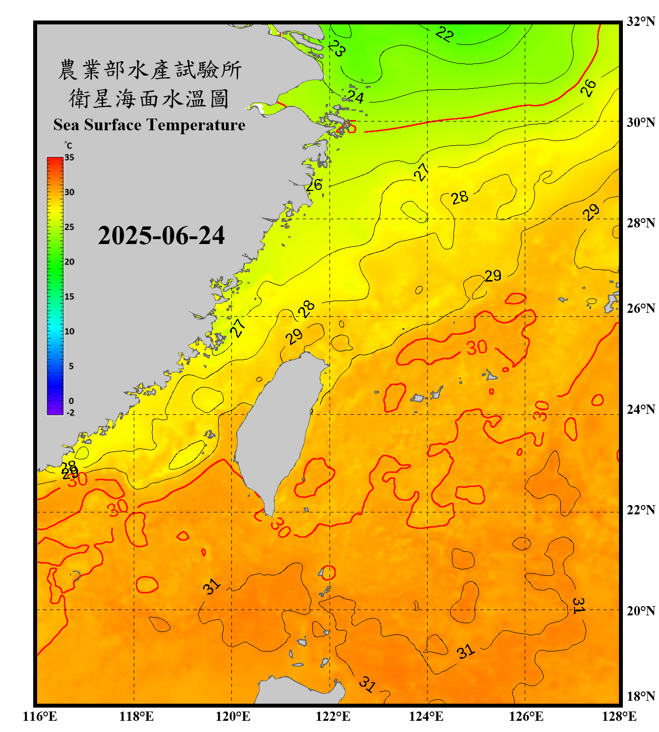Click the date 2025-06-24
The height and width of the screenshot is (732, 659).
[x=161, y=235]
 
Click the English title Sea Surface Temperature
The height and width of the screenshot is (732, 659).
[x=149, y=125]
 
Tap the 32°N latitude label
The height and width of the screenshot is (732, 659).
[x=640, y=21]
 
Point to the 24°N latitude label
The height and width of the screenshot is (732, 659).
[x=640, y=409]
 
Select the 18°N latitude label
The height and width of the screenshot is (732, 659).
[x=640, y=696]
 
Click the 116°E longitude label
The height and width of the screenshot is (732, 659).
[x=40, y=716]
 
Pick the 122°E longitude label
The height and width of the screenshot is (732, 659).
[x=333, y=716]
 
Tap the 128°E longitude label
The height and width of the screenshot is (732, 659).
[x=619, y=716]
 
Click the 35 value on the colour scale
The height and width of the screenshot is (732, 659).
[x=69, y=158]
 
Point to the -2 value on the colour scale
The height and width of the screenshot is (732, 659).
[x=70, y=413]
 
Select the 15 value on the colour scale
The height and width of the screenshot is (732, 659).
[x=69, y=297]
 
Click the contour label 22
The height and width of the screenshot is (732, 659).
[x=444, y=34]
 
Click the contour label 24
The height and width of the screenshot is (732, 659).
[x=355, y=98]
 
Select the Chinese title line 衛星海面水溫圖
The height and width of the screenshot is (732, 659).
[x=149, y=99]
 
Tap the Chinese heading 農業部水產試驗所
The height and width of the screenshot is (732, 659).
[x=150, y=70]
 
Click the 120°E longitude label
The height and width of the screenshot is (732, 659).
[x=233, y=716]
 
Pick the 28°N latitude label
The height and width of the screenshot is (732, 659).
[x=640, y=223]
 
